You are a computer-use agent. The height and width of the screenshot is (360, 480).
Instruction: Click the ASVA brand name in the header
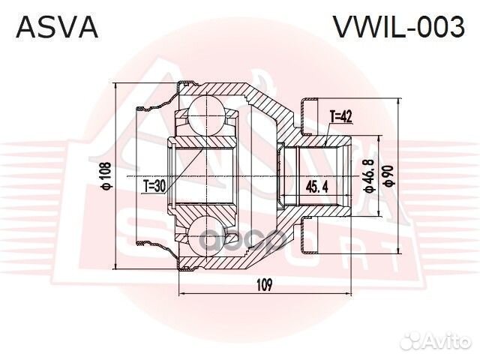57,28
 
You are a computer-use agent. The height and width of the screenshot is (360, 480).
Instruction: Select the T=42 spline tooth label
340,116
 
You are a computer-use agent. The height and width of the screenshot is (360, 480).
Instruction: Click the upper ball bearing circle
206,112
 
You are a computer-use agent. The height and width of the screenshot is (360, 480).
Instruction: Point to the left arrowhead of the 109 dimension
183,293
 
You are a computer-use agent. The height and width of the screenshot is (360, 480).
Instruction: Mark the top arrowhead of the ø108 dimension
115,87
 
